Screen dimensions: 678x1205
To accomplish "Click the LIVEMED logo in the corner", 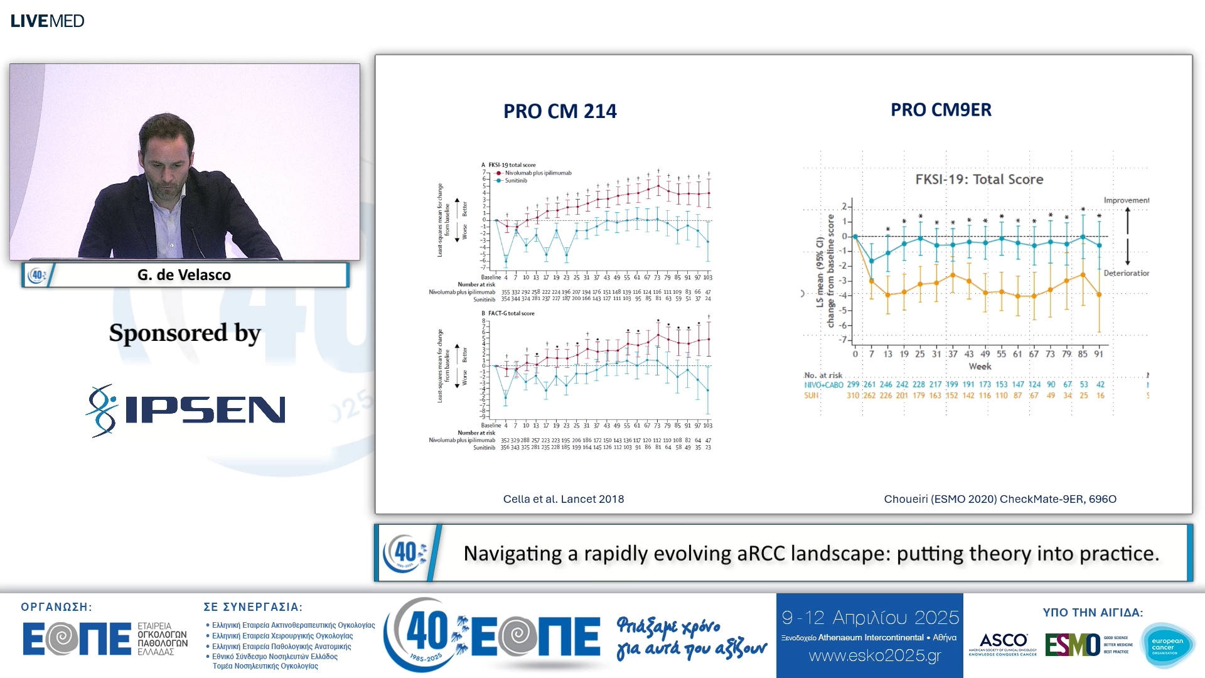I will pyautogui.click(x=47, y=21).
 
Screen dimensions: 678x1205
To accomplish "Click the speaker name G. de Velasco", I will pyautogui.click(x=184, y=275).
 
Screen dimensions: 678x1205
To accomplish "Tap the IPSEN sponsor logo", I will pyautogui.click(x=186, y=411).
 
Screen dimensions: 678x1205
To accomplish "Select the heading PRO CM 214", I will pyautogui.click(x=560, y=111).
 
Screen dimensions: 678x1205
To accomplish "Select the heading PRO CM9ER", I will pyautogui.click(x=941, y=110).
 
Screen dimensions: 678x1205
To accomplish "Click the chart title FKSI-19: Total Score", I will pyautogui.click(x=979, y=180).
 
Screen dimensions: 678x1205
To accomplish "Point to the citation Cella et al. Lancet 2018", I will pyautogui.click(x=563, y=499).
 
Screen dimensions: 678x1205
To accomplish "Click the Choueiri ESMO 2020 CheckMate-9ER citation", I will pyautogui.click(x=1000, y=499).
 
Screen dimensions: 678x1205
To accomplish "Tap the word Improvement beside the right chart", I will pyautogui.click(x=1126, y=200).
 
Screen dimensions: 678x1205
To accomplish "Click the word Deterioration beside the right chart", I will pyautogui.click(x=1126, y=273).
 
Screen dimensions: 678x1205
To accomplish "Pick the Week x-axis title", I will pyautogui.click(x=980, y=367).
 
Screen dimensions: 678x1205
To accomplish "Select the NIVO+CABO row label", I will pyautogui.click(x=823, y=385).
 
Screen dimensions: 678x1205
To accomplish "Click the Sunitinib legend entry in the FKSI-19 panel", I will pyautogui.click(x=516, y=181).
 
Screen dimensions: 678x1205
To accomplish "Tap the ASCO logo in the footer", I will pyautogui.click(x=1003, y=643).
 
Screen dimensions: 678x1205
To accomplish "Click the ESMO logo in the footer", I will pyautogui.click(x=1073, y=645).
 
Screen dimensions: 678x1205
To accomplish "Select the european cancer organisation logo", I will pyautogui.click(x=1167, y=645).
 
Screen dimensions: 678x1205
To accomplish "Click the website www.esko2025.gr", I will pyautogui.click(x=875, y=656).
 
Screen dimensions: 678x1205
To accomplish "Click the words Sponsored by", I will pyautogui.click(x=185, y=333).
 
